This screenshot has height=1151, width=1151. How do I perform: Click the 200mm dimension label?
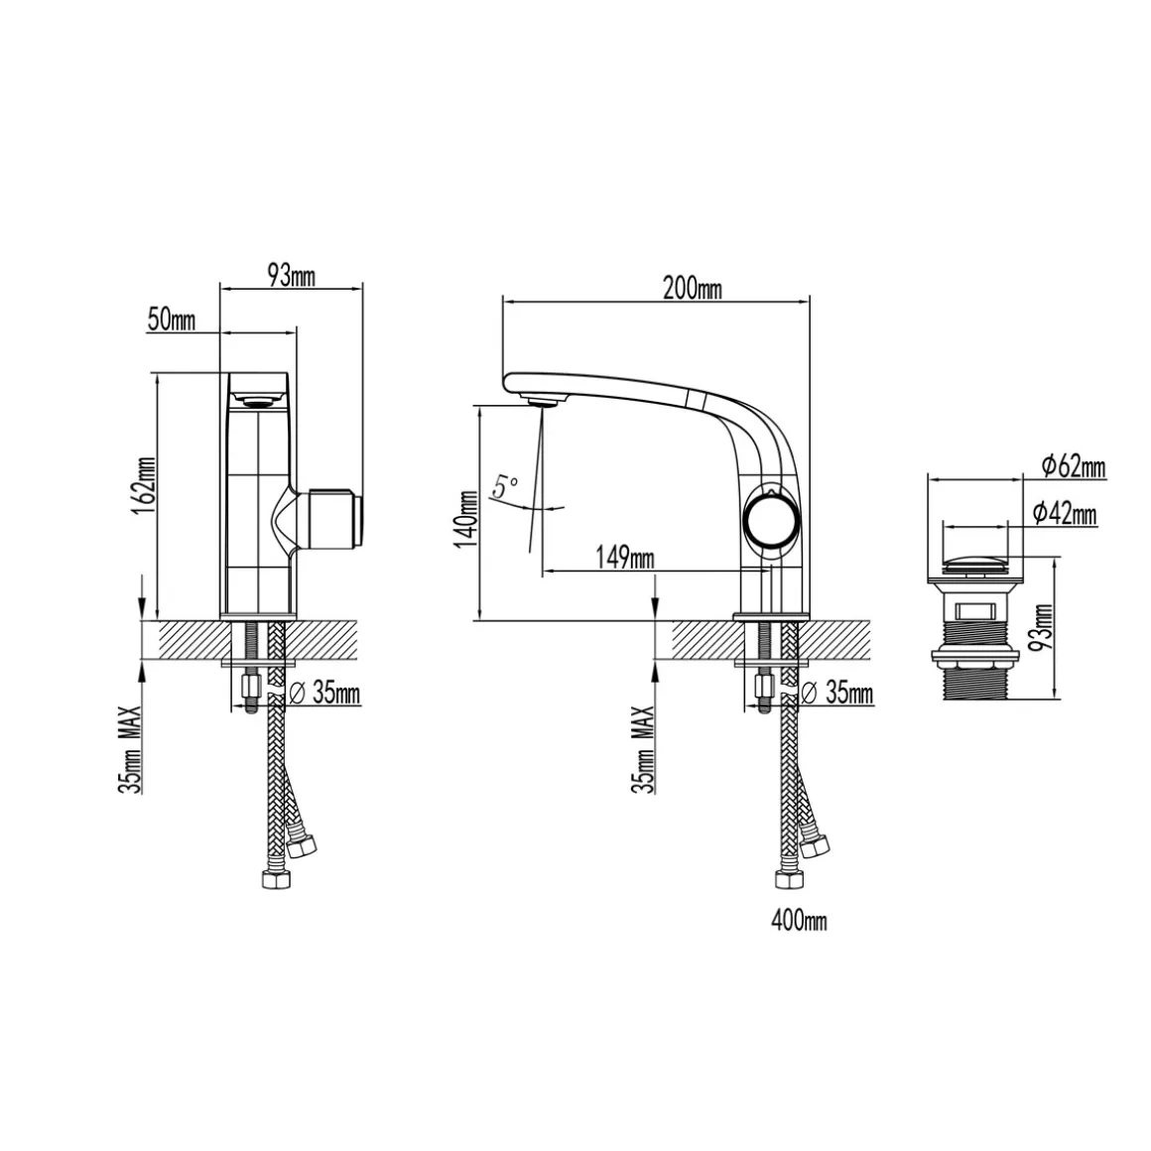click(x=693, y=289)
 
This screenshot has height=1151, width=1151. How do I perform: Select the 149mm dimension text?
click(x=625, y=559)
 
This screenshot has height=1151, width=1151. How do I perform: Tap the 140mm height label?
click(x=467, y=519)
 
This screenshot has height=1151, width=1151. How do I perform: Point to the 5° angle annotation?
click(x=505, y=486)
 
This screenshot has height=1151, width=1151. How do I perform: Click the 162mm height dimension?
click(x=144, y=486)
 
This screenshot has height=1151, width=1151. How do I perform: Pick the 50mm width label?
click(x=172, y=320)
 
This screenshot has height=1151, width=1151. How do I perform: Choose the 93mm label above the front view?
click(x=292, y=276)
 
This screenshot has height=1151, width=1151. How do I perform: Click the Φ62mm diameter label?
click(x=1074, y=465)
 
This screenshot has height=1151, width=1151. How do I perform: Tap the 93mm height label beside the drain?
click(x=1042, y=627)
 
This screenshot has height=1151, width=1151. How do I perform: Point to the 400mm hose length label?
click(x=799, y=921)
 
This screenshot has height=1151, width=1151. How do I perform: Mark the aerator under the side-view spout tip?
click(x=543, y=400)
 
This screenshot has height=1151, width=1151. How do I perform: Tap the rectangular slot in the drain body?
click(x=974, y=611)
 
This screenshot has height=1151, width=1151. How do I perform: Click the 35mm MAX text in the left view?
click(x=129, y=749)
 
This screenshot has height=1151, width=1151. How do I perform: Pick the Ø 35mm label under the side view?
click(x=837, y=693)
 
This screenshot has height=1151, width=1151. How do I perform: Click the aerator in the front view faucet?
click(x=257, y=401)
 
